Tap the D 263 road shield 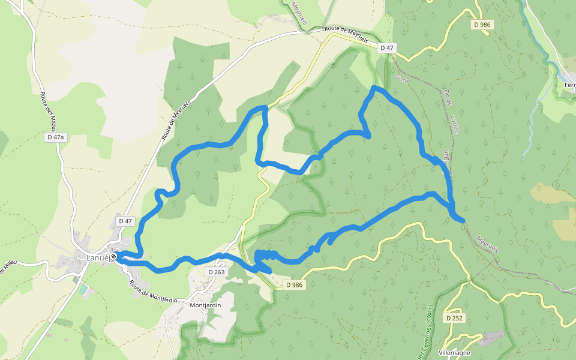[217, 272]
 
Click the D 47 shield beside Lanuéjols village [125, 221]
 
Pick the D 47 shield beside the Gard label [387, 47]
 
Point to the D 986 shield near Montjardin [294, 285]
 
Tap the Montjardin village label [205, 305]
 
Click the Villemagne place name [454, 353]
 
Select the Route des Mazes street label [52, 112]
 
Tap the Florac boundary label [447, 102]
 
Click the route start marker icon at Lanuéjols [113, 257]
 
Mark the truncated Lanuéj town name [97, 257]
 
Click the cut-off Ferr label [569, 85]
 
